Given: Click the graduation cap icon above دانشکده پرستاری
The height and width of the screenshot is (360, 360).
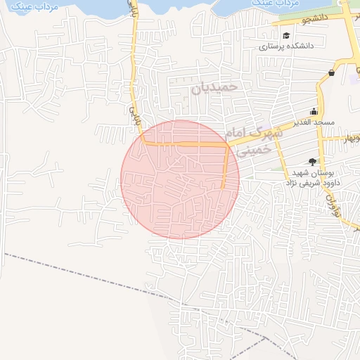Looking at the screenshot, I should [286, 36].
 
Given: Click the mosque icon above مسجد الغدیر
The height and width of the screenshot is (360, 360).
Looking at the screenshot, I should [314, 112].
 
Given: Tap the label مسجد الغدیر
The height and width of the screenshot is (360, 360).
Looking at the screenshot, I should [314, 122].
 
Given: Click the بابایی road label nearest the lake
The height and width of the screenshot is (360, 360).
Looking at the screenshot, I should [131, 10].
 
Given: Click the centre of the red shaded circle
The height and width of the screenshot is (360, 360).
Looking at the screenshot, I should [180, 179].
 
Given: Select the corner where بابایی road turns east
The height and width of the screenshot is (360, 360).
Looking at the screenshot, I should [144, 143].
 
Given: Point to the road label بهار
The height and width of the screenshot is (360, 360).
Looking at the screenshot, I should [349, 137].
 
